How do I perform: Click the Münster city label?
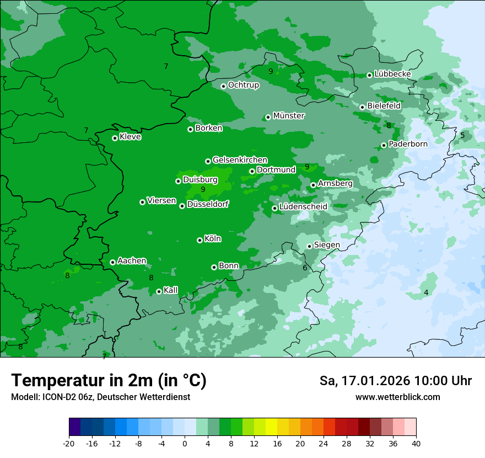289,116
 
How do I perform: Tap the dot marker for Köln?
200,240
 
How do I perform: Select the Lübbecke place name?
392,74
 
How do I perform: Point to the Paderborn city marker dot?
384,145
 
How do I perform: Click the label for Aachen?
132,261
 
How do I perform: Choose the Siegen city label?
327,245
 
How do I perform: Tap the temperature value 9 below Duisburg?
203,189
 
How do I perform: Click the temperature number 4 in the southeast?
426,292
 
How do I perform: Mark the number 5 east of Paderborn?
462,135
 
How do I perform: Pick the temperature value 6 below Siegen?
305,268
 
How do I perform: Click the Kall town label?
171,290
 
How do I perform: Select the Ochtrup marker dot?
223,86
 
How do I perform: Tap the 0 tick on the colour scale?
185,443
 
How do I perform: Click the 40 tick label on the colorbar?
416,443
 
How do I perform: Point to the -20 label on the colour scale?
69,443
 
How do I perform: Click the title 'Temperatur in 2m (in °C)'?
109,380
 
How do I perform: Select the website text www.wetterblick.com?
397,397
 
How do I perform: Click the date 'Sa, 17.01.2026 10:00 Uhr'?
395,381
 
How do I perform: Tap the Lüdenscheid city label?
303,207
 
